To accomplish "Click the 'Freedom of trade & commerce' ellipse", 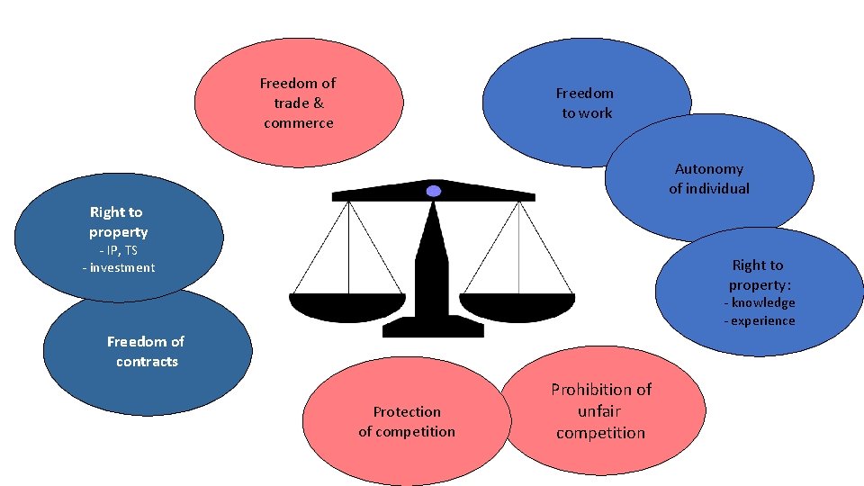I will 298,103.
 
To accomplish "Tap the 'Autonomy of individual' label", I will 709,178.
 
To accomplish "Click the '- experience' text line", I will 760,321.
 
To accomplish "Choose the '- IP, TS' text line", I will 118,250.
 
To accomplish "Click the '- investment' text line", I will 118,268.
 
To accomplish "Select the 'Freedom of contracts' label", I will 145,351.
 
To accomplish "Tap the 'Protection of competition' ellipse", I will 406,421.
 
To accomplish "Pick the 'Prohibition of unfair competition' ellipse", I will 601,411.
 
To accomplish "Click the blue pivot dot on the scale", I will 434,191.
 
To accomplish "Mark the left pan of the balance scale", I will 346,307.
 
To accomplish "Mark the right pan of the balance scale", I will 517,307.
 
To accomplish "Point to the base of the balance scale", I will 433,328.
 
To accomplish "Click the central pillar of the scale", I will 433,261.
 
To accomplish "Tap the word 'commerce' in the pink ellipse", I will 298,123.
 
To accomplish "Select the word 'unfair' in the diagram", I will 600,411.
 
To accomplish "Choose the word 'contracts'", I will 147,362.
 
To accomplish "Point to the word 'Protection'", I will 407,412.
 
